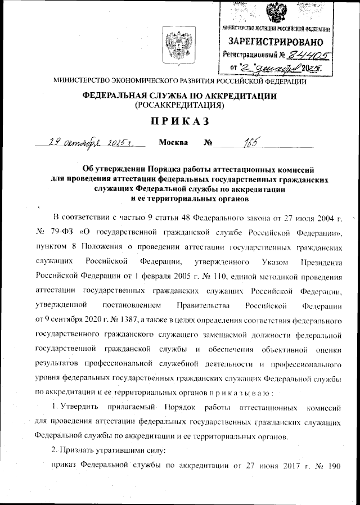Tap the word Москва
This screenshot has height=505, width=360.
(173, 142)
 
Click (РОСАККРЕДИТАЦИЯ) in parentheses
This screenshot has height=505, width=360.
(179, 105)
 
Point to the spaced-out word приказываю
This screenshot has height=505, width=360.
(232, 393)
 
